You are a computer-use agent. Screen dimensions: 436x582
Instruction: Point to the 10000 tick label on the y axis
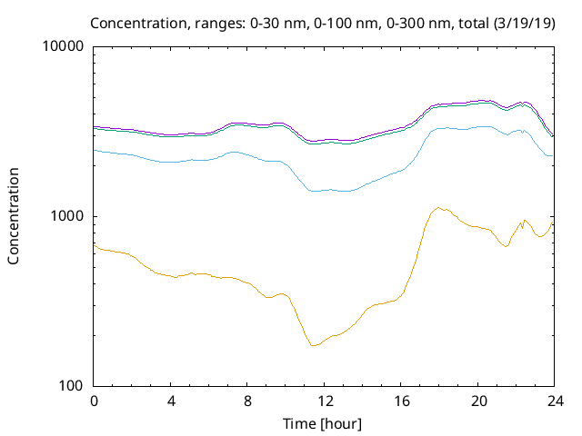64,46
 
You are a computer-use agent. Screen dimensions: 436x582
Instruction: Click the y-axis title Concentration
14,216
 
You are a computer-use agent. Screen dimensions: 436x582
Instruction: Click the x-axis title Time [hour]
323,423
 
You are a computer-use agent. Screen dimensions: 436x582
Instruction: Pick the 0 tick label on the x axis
94,401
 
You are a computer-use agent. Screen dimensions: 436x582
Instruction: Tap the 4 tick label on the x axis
170,401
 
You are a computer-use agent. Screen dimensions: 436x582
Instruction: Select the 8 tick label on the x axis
247,401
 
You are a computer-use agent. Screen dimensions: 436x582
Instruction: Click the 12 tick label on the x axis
324,401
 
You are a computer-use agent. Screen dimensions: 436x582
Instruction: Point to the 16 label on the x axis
400,401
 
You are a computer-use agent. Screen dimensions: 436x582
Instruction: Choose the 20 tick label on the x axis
477,401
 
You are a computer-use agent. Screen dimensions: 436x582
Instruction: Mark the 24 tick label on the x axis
554,401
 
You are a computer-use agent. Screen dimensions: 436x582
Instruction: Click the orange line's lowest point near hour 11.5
313,346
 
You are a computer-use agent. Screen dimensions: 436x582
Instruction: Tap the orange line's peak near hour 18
438,208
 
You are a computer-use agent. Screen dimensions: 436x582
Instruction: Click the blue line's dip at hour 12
324,190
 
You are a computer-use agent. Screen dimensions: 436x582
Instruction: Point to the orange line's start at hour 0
95,243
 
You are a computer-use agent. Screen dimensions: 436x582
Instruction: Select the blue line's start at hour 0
95,151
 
